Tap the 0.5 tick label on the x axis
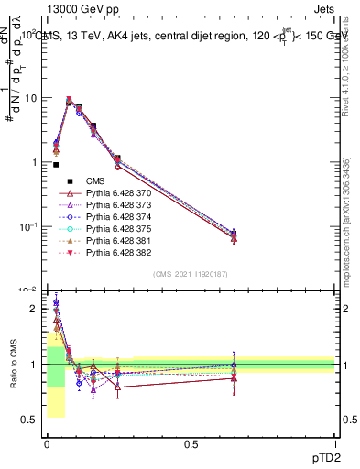pos(191,443)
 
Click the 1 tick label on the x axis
pos(335,443)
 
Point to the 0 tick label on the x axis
pos(47,443)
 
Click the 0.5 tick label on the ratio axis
pos(28,420)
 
